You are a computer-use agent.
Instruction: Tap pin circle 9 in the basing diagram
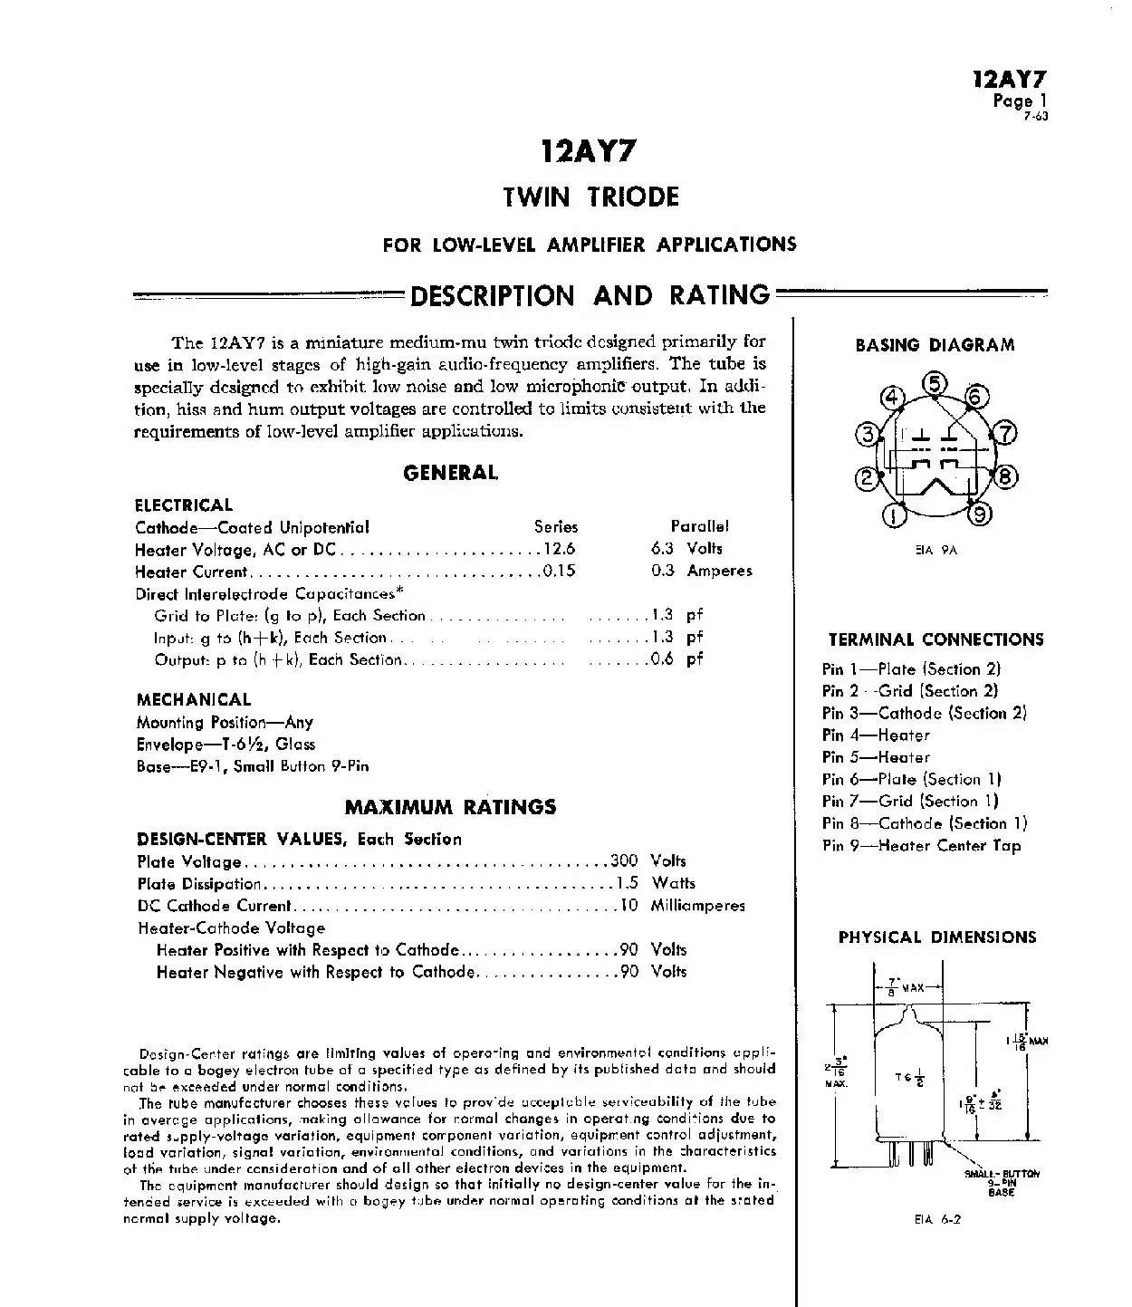tap(981, 515)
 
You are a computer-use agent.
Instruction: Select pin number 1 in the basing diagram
tap(894, 516)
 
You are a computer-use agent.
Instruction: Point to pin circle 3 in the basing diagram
tap(868, 435)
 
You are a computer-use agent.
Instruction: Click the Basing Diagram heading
tap(935, 345)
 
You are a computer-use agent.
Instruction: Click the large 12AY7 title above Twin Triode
tap(589, 150)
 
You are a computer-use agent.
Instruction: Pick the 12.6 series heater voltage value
tap(559, 549)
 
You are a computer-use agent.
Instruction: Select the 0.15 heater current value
tap(559, 572)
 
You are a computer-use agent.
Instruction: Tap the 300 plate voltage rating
tap(624, 860)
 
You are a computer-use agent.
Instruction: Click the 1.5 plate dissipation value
tap(627, 883)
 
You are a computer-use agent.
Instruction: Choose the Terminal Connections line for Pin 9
tap(921, 846)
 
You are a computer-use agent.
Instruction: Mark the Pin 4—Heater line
tap(876, 735)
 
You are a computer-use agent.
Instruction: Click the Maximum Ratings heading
tap(450, 807)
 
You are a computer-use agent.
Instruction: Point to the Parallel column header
tap(699, 526)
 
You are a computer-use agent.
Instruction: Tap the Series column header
tap(555, 526)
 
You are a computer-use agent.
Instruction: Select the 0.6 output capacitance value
tap(662, 659)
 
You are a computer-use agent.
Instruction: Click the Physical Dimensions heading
tap(936, 937)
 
